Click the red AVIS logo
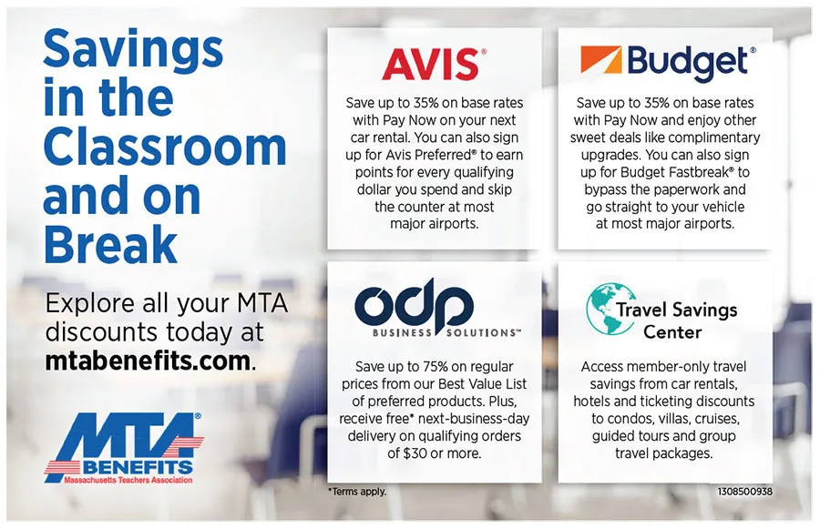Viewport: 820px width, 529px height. click(x=431, y=64)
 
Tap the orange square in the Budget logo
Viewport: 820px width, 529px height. click(x=601, y=60)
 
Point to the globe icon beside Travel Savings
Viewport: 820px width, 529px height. click(x=608, y=309)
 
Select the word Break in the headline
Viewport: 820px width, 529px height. click(x=111, y=244)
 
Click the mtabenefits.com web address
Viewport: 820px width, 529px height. click(x=148, y=361)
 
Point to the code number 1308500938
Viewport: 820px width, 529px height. click(x=744, y=492)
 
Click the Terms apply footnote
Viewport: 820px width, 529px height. click(x=357, y=492)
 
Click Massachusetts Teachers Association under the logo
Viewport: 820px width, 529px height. click(x=128, y=479)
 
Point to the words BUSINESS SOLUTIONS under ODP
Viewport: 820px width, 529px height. click(x=446, y=332)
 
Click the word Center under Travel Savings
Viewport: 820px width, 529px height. click(x=672, y=332)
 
